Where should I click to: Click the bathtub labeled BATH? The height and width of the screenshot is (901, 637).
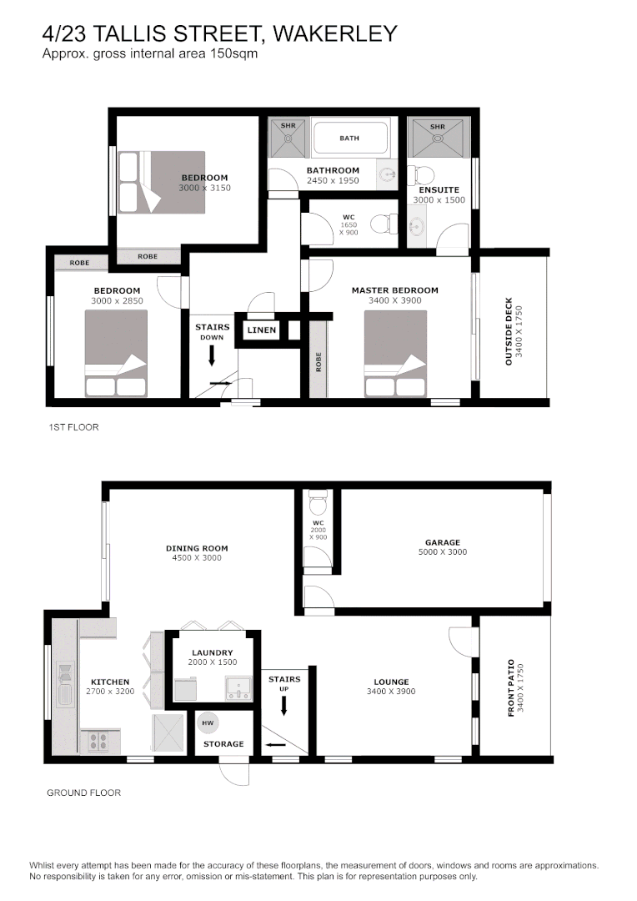(350, 138)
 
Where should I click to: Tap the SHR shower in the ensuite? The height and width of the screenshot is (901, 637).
(438, 138)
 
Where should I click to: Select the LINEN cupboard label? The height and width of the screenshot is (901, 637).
(261, 330)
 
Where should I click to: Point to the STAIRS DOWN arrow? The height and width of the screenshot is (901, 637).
(212, 355)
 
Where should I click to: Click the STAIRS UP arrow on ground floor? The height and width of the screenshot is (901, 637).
(283, 706)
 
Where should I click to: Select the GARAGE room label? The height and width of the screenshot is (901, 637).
(442, 542)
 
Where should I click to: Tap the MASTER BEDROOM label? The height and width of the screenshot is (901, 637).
(394, 290)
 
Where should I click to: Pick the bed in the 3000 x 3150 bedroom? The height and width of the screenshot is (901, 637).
(162, 182)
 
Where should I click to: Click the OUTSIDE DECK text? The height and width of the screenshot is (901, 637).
(509, 331)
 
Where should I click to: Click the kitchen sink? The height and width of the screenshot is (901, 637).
(65, 684)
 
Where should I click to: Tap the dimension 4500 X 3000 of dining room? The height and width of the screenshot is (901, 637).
(197, 558)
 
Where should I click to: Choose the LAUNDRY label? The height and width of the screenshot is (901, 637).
(212, 652)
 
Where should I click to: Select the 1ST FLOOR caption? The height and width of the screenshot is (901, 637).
(73, 427)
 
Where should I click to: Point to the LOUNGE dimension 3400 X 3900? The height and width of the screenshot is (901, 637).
(390, 692)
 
